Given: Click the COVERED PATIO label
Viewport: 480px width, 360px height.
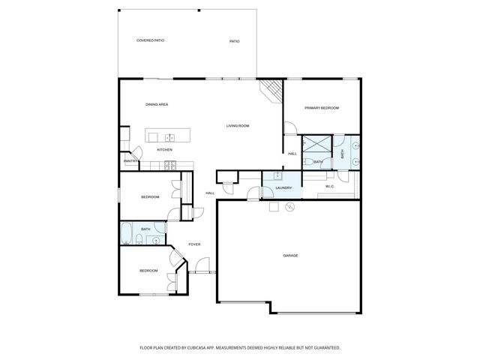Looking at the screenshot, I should (150, 40).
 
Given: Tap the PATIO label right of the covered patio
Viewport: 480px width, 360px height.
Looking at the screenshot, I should (234, 41).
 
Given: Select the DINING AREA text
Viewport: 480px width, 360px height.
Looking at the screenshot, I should (156, 104).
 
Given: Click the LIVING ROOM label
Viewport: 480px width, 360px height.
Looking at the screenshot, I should (238, 125).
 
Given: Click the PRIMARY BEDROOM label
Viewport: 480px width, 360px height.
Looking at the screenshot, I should (321, 108).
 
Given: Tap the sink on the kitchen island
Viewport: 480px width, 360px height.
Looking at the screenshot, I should (169, 136).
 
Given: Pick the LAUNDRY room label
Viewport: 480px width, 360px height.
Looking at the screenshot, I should (283, 187).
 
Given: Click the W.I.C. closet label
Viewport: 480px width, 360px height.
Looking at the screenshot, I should (329, 186).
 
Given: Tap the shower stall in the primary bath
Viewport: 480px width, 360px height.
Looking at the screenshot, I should (316, 145).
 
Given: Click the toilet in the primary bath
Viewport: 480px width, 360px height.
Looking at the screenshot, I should (309, 162).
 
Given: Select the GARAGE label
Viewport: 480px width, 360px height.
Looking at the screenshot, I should (290, 256).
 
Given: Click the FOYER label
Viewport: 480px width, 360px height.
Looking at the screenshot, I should (194, 244).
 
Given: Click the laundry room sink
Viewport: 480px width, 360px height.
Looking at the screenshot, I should (279, 177).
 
